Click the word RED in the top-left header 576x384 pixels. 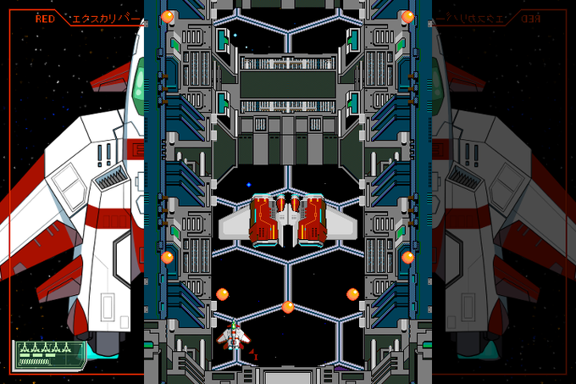(x=44, y=18)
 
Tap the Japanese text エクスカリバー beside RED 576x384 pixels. (x=100, y=18)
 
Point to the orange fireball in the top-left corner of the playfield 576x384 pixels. (x=168, y=16)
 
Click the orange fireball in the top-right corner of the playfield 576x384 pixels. (x=407, y=16)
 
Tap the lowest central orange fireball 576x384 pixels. (x=288, y=307)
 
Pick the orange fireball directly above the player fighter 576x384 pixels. (x=223, y=294)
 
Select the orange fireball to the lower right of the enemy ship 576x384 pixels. (x=352, y=294)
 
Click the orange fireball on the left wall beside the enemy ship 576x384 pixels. (x=168, y=257)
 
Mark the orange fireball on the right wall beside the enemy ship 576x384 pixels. (x=407, y=257)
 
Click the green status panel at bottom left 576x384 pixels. (x=49, y=354)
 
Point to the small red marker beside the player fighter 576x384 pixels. (x=253, y=355)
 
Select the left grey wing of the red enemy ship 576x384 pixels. (x=235, y=225)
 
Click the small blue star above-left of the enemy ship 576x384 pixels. (x=248, y=184)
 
